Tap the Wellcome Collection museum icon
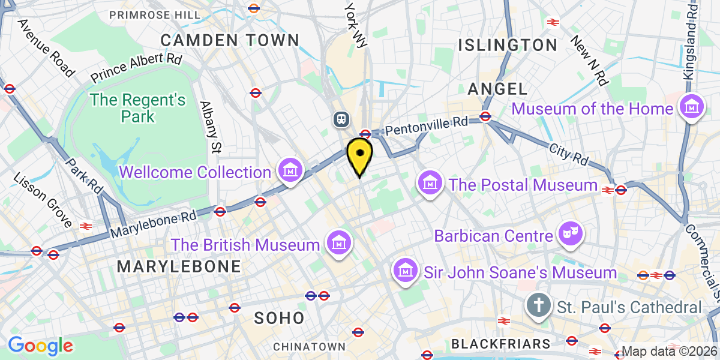coord(290,171)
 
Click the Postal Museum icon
coord(430,183)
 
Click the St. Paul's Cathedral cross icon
coord(538,307)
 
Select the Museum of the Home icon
coord(691,108)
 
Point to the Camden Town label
coord(230,40)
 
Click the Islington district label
coord(508,45)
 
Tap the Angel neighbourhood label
coord(497,89)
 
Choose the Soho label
coord(279,318)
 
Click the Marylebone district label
coord(179,266)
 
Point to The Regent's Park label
coord(137,108)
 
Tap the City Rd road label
coord(568,154)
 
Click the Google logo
coord(40,346)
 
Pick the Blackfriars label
coord(500,344)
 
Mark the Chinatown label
coord(310,347)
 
